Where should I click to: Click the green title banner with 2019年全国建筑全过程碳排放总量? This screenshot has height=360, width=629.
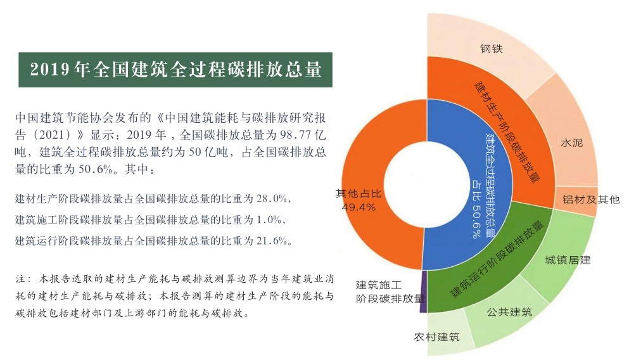coord(175,69)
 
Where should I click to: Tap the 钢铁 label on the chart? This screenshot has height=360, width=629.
coord(491,48)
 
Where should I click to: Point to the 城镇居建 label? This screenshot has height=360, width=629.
coord(568,260)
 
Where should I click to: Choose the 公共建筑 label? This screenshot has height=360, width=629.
coord(510,312)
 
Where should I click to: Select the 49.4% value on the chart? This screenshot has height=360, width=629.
coord(359,207)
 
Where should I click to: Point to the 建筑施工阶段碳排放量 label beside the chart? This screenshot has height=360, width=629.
coord(388,291)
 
